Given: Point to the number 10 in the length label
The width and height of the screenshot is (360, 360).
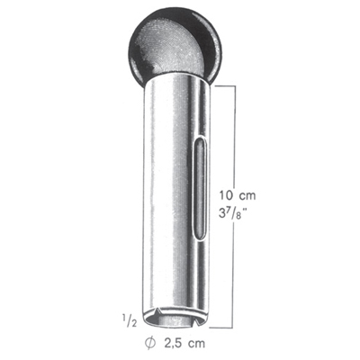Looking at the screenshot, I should tap(228, 193).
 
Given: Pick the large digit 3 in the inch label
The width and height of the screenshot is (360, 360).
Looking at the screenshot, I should tap(225, 217).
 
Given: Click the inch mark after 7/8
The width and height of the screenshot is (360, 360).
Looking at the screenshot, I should tap(250, 212).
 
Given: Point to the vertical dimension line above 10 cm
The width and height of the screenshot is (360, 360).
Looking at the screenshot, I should tap(237, 135).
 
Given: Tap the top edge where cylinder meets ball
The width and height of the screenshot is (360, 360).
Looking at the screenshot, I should tap(177, 81).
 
